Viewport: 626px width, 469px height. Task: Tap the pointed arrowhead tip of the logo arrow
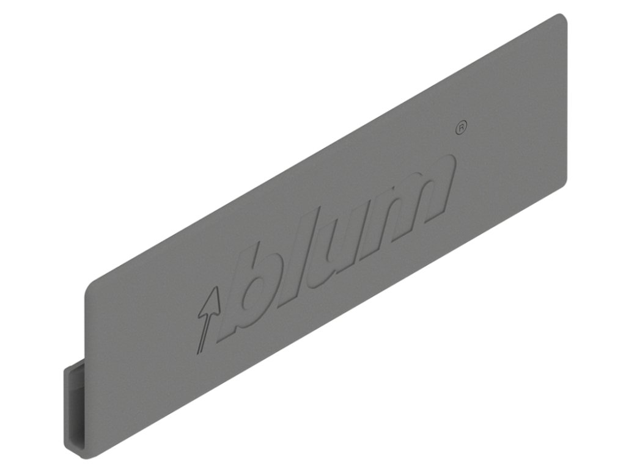coord(214,291)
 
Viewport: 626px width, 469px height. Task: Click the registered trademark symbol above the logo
coord(462,127)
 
